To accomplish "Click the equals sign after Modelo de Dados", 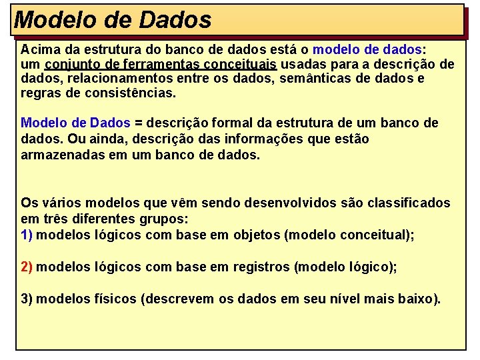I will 139,123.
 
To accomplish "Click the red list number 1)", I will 27,234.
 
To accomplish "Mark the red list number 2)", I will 27,267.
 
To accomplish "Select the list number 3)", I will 27,299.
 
